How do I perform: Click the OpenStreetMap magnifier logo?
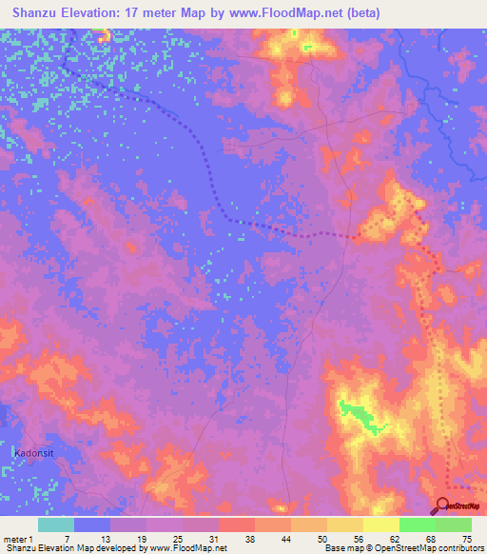click(x=444, y=505)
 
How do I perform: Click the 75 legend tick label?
click(x=468, y=539)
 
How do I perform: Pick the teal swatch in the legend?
click(x=56, y=524)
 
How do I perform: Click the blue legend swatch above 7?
click(x=92, y=524)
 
